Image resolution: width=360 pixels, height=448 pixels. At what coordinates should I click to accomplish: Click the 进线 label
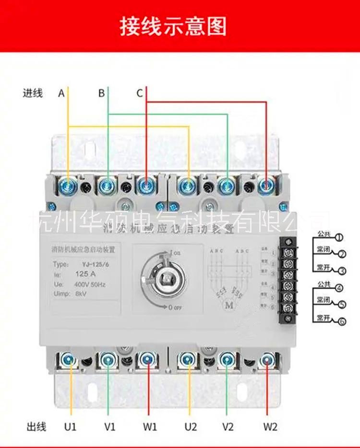pos(33,93)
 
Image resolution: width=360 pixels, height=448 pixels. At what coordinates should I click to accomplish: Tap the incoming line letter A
pos(61,93)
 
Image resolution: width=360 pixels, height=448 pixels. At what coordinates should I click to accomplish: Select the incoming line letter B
pos(101,93)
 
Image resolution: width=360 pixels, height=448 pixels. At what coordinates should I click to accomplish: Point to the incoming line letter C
pos(139,93)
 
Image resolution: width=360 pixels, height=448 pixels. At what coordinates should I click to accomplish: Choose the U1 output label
pos(71,426)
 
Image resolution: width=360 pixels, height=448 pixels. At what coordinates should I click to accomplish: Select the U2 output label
pos(191,426)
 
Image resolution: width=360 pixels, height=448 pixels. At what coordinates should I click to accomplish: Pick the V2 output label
pos(228,426)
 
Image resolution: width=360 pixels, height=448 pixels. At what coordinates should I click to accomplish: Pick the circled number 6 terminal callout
pos(341,321)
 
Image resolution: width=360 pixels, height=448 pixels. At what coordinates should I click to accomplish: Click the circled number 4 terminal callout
pos(339,288)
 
